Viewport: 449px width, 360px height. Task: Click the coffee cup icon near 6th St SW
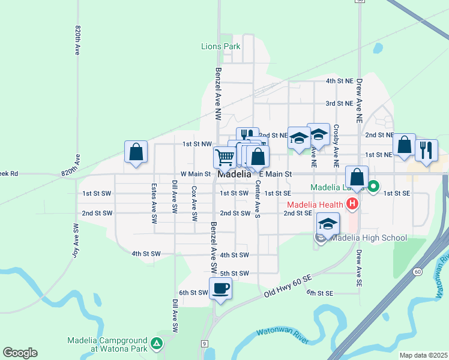point(220,289)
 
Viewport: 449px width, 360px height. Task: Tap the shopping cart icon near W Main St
point(224,157)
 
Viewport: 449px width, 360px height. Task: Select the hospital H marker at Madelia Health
point(352,205)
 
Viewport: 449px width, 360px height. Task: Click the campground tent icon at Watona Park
point(156,344)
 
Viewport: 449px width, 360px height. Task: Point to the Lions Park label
point(220,46)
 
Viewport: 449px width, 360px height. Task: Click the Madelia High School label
point(368,238)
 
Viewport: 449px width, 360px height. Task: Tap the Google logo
point(20,353)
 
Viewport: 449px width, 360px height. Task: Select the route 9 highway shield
point(205,343)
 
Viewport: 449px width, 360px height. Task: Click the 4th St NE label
point(339,80)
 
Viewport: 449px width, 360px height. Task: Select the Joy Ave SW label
point(76,241)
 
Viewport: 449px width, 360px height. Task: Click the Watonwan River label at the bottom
point(282,336)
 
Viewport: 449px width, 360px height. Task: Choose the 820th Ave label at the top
point(78,41)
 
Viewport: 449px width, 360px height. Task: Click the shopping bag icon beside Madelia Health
point(357,177)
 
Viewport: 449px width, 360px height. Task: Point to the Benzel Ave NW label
point(218,84)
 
